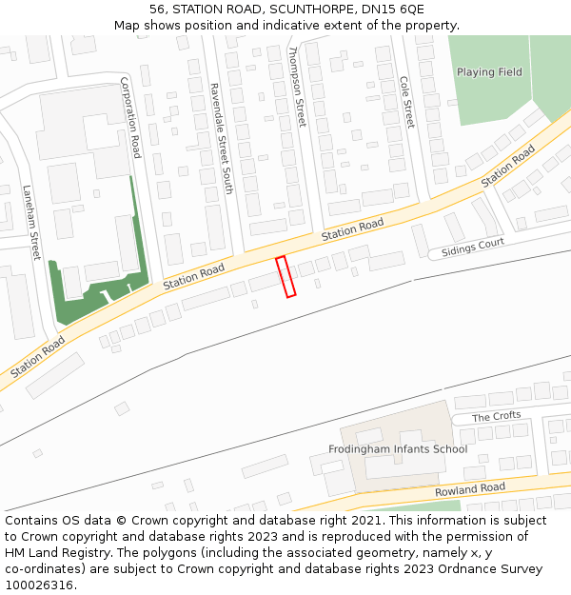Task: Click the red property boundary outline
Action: pos(285,276)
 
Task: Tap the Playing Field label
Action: pos(489,72)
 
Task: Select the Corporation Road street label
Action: pos(130,118)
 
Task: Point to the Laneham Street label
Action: pos(30,222)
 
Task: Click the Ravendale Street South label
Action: pos(221,138)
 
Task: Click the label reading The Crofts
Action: pos(496,417)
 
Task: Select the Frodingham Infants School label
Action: pos(398,449)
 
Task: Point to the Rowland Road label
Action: pos(470,489)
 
